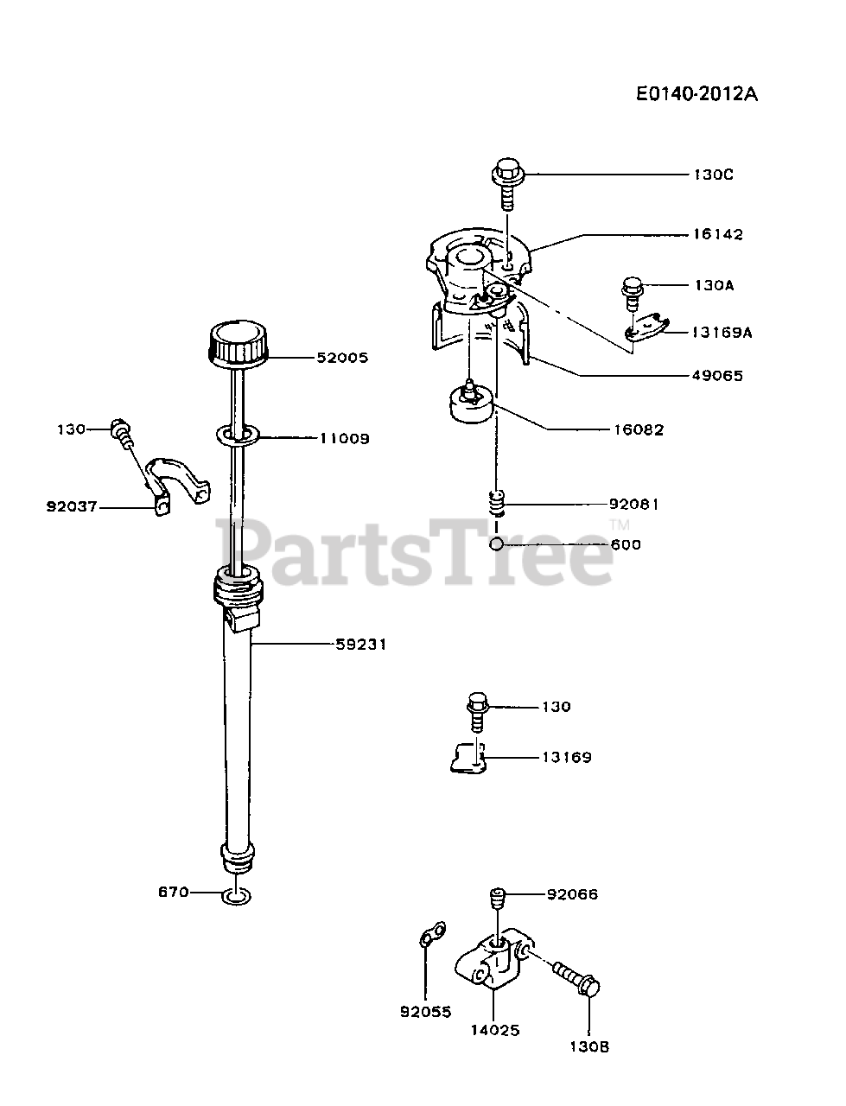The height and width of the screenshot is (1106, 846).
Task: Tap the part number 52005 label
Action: [344, 357]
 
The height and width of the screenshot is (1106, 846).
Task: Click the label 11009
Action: [344, 438]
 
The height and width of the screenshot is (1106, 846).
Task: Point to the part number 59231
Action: [361, 644]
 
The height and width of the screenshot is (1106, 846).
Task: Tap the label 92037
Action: [72, 507]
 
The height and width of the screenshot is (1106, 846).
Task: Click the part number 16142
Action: [717, 234]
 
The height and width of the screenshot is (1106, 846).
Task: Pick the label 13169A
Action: [722, 331]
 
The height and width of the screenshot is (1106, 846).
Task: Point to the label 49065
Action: [717, 375]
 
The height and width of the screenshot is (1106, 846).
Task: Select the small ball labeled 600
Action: [496, 544]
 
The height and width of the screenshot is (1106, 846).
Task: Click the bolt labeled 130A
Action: [633, 289]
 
